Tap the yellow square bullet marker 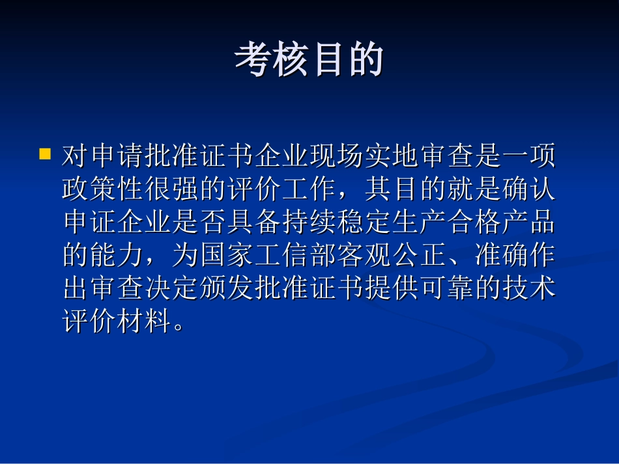(x=45, y=155)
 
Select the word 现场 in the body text (x=336, y=156)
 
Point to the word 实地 (x=391, y=156)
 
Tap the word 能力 (x=117, y=255)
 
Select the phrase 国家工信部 (x=268, y=255)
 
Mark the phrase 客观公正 (x=391, y=255)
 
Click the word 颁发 (x=227, y=288)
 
